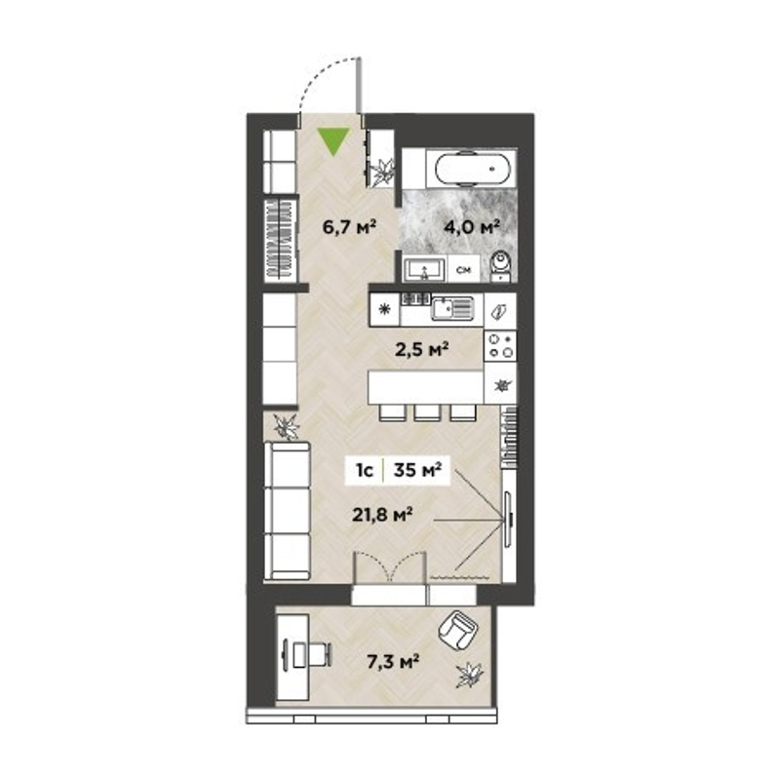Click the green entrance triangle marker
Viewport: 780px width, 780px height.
[334, 141]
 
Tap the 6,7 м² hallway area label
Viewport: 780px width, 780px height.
[348, 227]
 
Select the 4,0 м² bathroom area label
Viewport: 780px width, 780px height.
[471, 227]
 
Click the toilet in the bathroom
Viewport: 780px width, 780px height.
[500, 267]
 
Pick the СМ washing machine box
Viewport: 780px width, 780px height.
[464, 269]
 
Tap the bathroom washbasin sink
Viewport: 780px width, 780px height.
[424, 271]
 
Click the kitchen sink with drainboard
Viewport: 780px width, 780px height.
[452, 308]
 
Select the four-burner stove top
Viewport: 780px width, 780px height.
[500, 346]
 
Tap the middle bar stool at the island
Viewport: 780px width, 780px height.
[427, 412]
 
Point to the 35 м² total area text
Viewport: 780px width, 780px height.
[417, 470]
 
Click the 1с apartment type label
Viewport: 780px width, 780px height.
[364, 470]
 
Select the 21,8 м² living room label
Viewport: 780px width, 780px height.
[382, 515]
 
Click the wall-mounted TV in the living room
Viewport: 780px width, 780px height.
[508, 519]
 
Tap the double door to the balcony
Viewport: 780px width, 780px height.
[390, 566]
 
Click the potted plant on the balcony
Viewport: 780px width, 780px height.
[470, 676]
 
